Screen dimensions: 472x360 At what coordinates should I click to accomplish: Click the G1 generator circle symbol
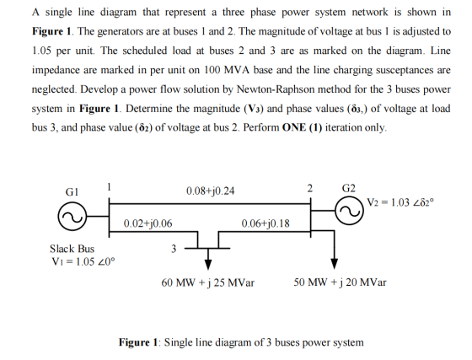coord(72,202)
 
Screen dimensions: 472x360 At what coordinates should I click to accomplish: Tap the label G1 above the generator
coord(72,191)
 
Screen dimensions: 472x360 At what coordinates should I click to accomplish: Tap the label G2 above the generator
coord(349,188)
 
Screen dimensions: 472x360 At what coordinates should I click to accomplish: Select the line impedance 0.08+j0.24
coord(210,191)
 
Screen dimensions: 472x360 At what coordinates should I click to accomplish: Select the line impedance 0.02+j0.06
coord(147,223)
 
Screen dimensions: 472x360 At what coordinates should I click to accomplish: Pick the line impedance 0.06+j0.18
coord(265,223)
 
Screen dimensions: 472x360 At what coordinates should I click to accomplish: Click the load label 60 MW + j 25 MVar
coord(207,282)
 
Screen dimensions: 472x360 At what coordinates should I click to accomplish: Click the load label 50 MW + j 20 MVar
coord(341,282)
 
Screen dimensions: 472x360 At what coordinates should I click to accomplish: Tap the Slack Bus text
coord(72,249)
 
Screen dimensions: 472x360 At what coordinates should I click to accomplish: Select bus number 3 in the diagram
coord(174,249)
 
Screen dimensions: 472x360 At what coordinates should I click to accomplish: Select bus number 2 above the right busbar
coord(310,188)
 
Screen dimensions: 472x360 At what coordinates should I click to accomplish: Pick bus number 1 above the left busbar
coord(110,187)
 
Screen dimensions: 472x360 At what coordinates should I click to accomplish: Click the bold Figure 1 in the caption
coord(138,342)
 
